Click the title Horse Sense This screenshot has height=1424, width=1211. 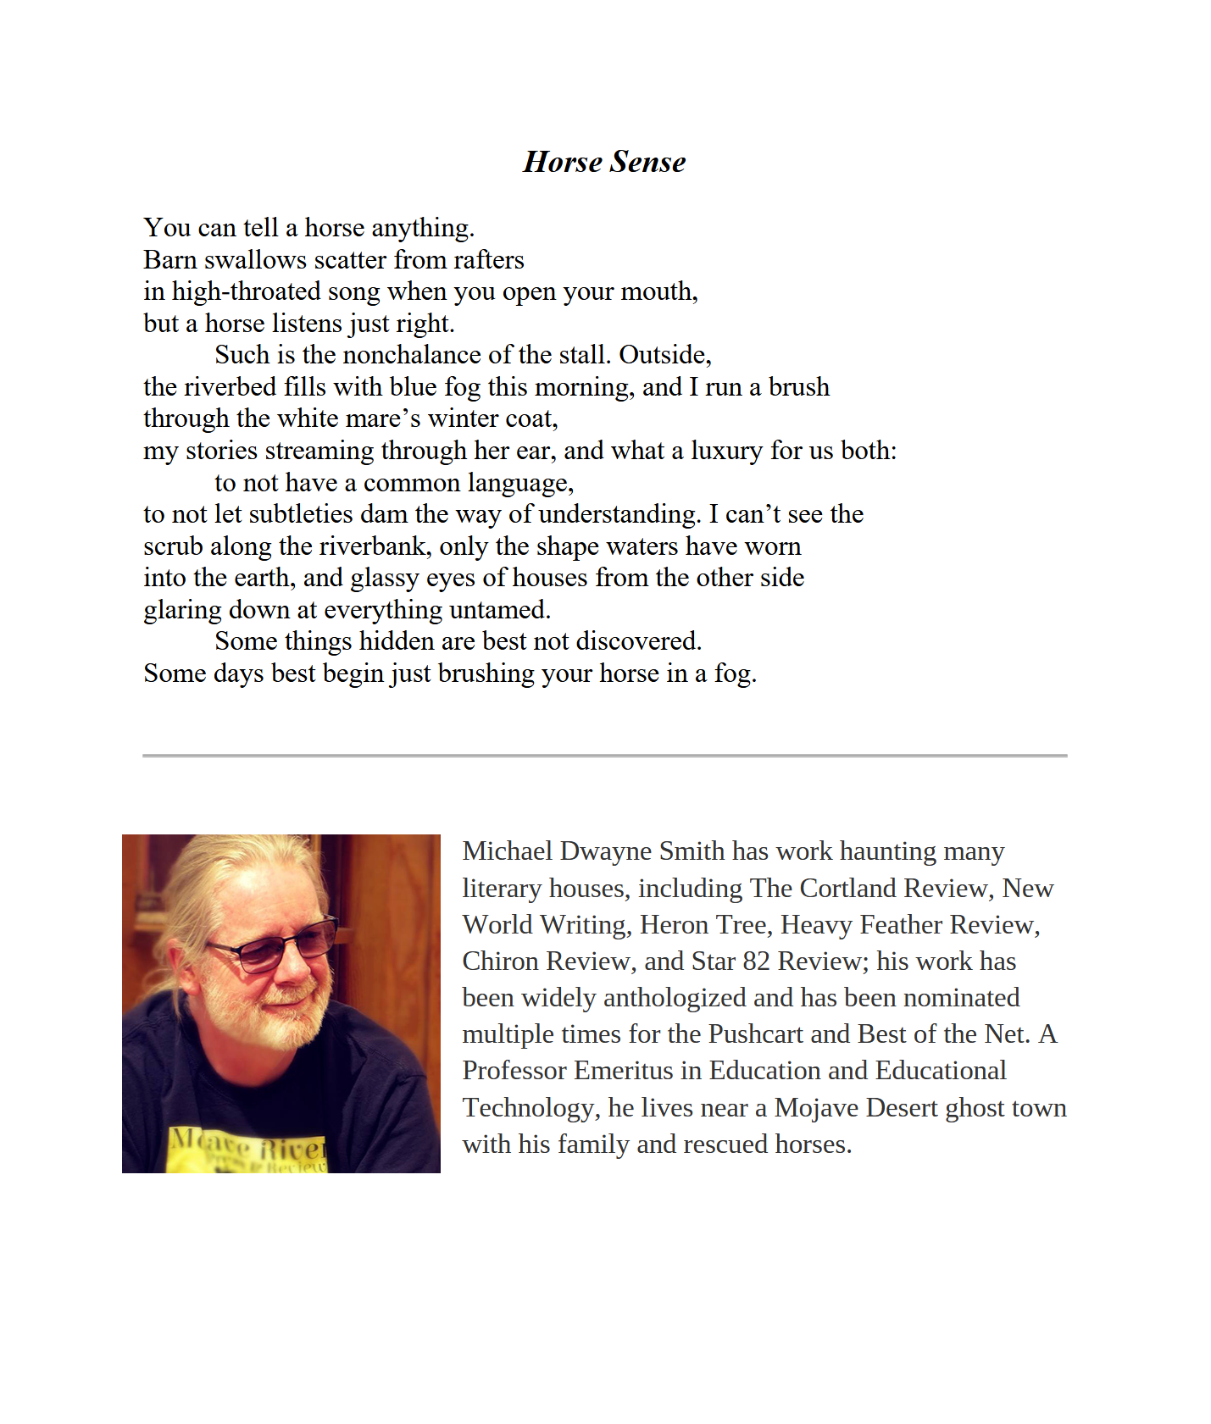point(604,162)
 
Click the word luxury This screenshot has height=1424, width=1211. point(726,451)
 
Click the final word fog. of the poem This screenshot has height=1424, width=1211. point(735,673)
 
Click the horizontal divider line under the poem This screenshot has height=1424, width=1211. point(604,755)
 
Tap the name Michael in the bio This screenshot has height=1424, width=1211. point(507,851)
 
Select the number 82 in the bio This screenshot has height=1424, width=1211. point(756,961)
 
